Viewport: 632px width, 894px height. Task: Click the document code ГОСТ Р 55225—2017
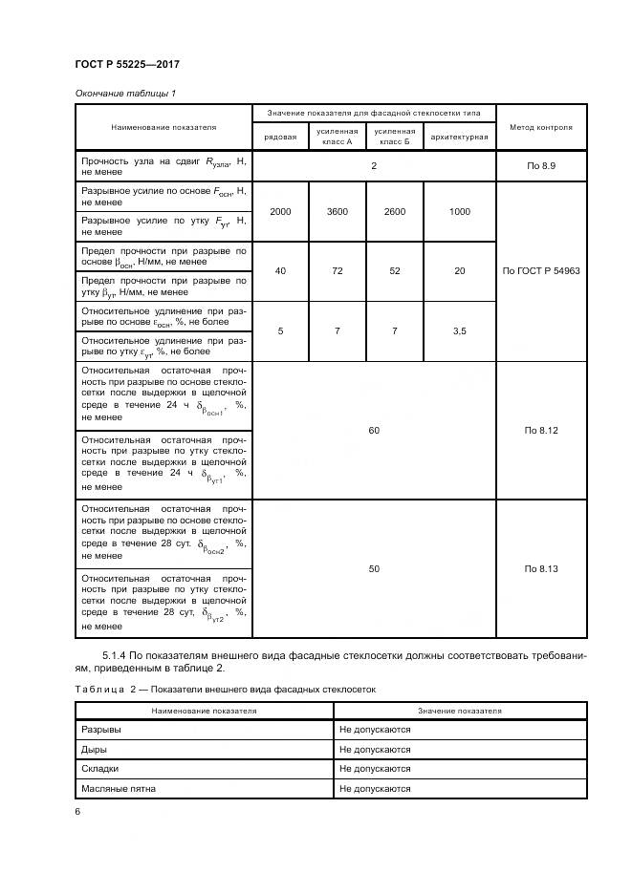tap(127, 64)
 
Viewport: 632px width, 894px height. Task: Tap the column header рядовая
tap(279, 137)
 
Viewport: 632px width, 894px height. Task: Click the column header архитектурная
tap(459, 137)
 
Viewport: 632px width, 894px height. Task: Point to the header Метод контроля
tap(540, 126)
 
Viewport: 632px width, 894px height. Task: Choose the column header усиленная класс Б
tap(394, 137)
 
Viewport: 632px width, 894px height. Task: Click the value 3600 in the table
tap(337, 211)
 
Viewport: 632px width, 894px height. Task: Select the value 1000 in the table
tap(459, 211)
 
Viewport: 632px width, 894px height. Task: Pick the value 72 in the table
tap(337, 271)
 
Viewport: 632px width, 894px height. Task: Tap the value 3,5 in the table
tap(459, 331)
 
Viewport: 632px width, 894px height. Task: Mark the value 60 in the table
tap(374, 431)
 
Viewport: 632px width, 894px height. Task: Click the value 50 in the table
tap(374, 568)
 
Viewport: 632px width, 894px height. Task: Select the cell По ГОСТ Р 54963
tap(540, 271)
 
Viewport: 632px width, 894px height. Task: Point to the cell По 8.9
tap(540, 166)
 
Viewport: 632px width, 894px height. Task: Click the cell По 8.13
tap(540, 568)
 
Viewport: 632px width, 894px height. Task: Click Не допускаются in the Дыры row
tap(374, 749)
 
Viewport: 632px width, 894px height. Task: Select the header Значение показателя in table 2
tap(459, 711)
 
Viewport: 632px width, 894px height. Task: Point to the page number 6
tap(77, 812)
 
